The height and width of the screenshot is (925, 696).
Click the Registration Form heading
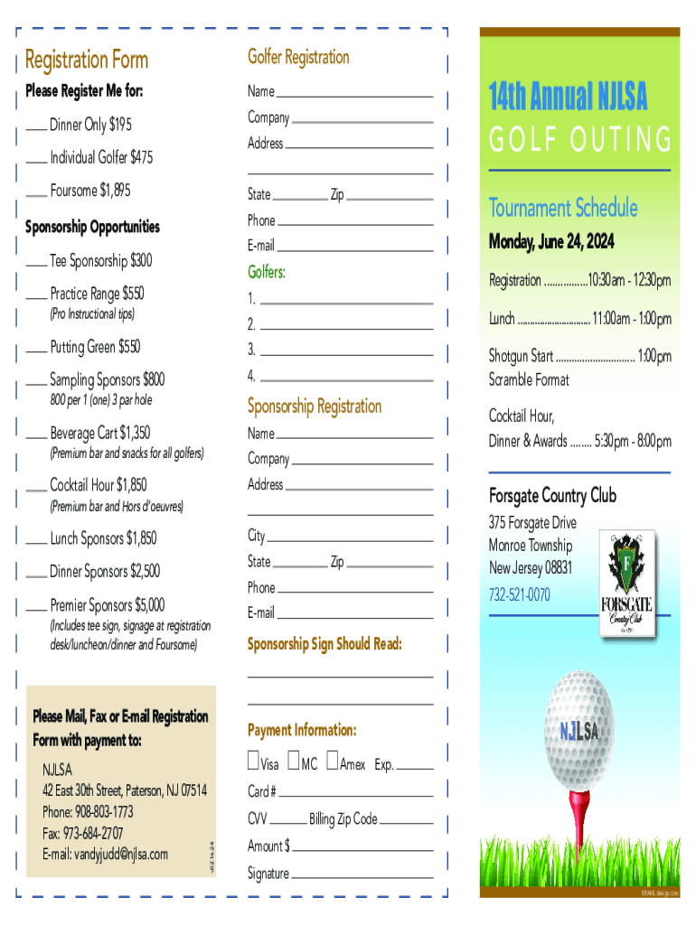87,61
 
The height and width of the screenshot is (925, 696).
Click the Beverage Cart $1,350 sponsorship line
99,433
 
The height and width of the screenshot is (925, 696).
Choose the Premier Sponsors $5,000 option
107,604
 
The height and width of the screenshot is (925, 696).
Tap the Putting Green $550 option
95,347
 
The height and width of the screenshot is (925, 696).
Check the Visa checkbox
254,762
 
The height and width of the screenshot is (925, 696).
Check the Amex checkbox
333,762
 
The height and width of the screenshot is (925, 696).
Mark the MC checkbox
294,762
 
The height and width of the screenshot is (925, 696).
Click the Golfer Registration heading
298,57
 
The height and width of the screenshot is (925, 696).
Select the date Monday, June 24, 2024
550,242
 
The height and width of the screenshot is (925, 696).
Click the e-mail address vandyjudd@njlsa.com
106,854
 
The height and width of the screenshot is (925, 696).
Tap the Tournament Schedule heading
563,209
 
